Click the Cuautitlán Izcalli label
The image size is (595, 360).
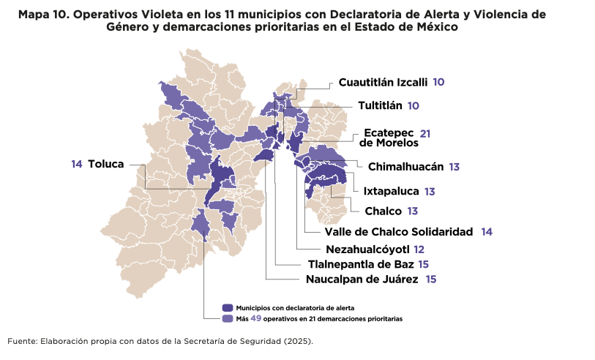[x=383, y=83]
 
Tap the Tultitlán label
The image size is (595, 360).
[x=380, y=105]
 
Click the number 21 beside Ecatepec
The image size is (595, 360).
[x=425, y=134]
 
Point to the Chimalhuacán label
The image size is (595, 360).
[x=405, y=167]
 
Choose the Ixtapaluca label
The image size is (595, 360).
[x=391, y=192]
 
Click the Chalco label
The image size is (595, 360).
[x=383, y=211]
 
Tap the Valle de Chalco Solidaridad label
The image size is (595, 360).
[x=399, y=232]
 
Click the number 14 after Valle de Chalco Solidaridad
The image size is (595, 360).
[x=487, y=232]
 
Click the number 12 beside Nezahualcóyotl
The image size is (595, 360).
[x=419, y=250]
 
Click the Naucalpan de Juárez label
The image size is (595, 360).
[x=362, y=280]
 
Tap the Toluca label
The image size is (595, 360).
[x=106, y=164]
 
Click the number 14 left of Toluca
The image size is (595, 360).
[x=77, y=164]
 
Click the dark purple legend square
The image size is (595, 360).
[x=228, y=308]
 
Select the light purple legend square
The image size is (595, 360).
[x=228, y=319]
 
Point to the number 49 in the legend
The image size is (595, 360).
[x=255, y=318]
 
